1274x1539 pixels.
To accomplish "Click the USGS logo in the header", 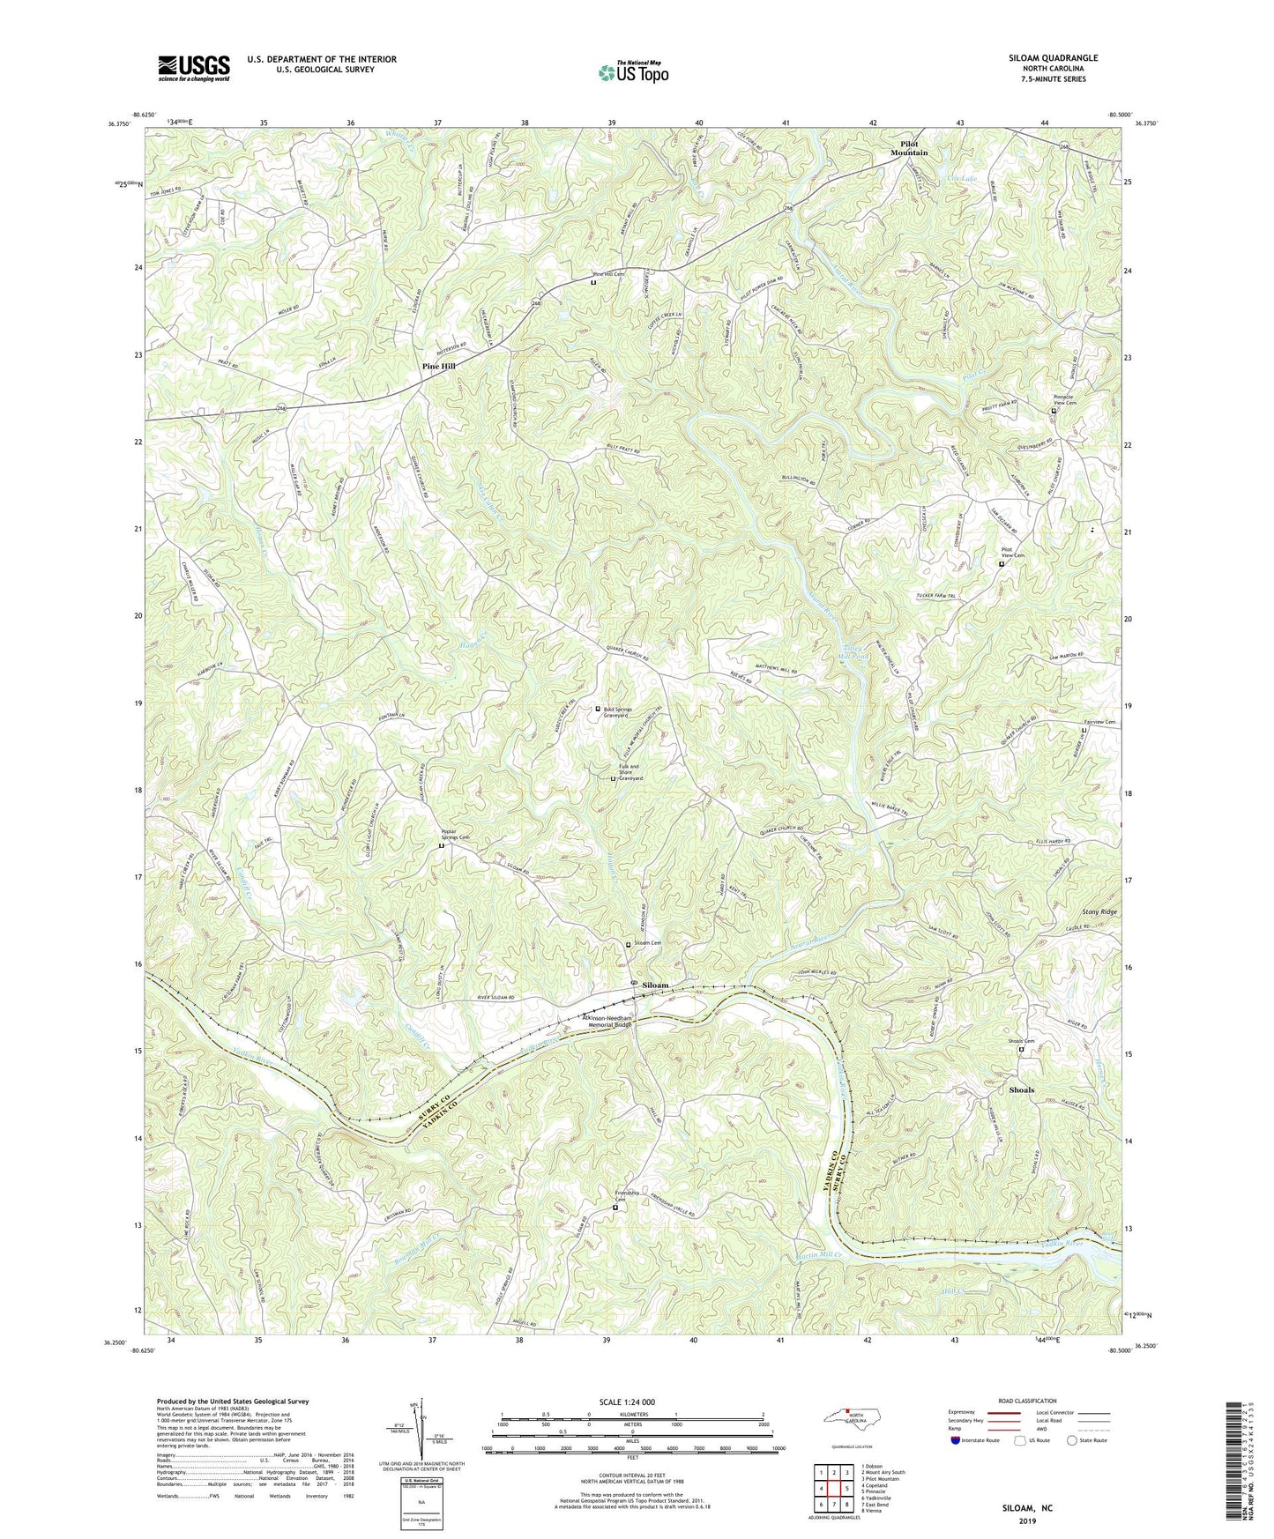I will click(x=193, y=67).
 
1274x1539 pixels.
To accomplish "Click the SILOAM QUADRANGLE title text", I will click(x=1053, y=58).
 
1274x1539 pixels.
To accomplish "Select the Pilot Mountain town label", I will click(x=908, y=148).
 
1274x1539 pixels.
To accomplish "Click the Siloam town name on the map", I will click(x=654, y=985).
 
